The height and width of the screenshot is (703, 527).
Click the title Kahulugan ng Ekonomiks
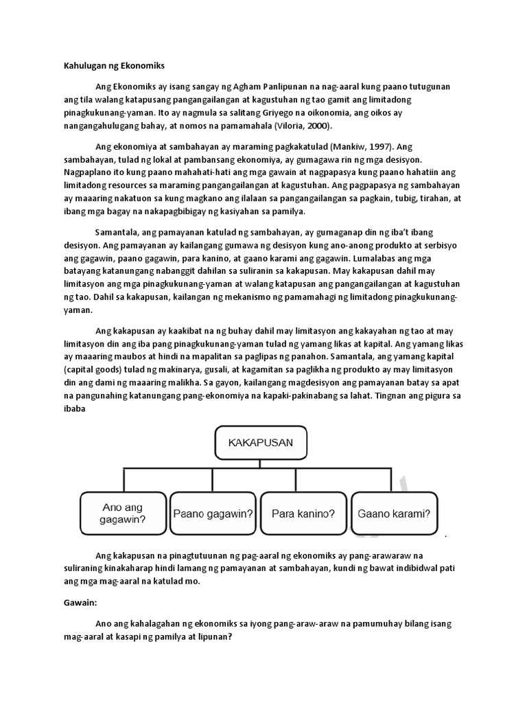[110, 67]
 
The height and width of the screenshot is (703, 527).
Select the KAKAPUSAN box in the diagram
[261, 443]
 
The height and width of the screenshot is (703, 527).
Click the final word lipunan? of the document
[213, 636]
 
